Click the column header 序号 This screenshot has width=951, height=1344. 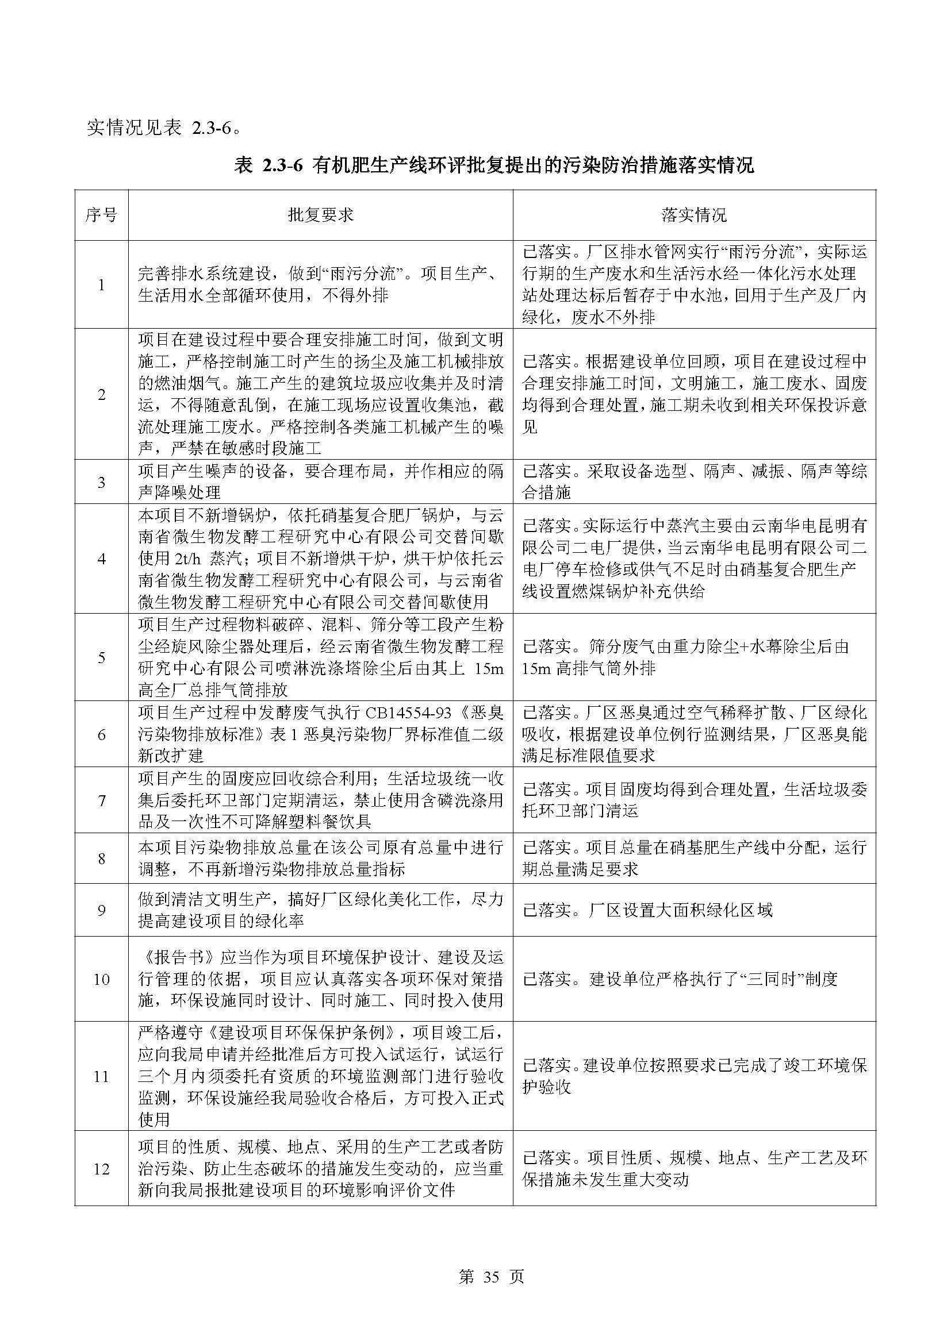click(x=101, y=215)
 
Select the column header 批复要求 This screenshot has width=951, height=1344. click(x=320, y=215)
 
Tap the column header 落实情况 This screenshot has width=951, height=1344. click(x=694, y=215)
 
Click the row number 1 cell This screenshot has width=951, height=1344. click(x=101, y=285)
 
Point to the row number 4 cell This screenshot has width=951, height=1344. click(x=101, y=559)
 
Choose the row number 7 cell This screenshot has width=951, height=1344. click(x=101, y=800)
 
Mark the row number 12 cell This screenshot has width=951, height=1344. click(x=101, y=1169)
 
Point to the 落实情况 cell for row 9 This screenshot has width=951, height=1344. click(x=694, y=910)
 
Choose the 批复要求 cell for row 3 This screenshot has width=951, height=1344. click(x=320, y=482)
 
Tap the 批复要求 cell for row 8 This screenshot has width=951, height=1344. click(x=320, y=858)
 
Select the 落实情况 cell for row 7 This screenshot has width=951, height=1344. click(x=694, y=800)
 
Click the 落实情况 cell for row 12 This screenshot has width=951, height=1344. click(x=694, y=1169)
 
